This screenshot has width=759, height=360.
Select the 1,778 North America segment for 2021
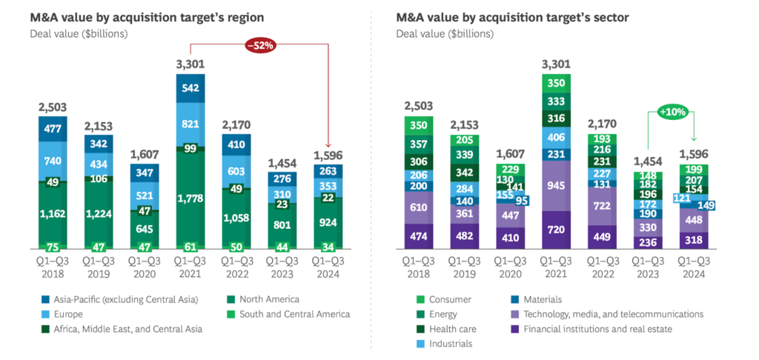(x=190, y=198)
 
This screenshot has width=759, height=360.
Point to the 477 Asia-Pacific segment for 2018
(x=53, y=130)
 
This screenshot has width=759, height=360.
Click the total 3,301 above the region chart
(x=190, y=65)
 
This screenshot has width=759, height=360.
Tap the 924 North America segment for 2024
(x=327, y=221)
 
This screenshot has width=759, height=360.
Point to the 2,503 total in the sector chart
(x=419, y=107)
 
